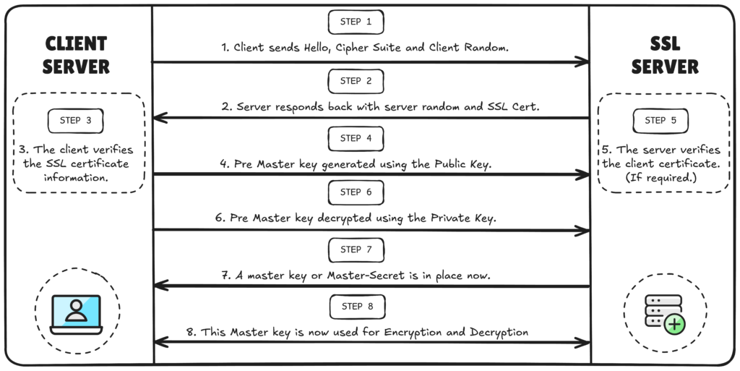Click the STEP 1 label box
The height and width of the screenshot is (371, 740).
pos(356,22)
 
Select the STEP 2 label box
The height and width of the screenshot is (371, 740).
pos(356,81)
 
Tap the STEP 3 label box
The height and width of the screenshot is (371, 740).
pos(76,121)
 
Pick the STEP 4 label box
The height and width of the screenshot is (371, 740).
pos(356,138)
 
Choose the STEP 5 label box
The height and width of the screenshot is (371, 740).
pos(661,121)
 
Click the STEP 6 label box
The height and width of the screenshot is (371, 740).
pos(356,192)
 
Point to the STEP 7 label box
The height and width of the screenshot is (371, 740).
pos(356,250)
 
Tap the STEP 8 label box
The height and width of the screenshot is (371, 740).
pos(356,307)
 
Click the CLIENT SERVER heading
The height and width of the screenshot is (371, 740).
pos(76,55)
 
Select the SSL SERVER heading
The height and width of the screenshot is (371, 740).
pos(665,55)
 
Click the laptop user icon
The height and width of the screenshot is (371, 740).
pos(76,312)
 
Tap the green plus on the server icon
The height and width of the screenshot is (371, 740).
pos(674,323)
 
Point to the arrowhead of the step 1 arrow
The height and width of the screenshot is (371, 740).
pos(584,62)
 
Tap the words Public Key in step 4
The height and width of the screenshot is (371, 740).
pos(461,165)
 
